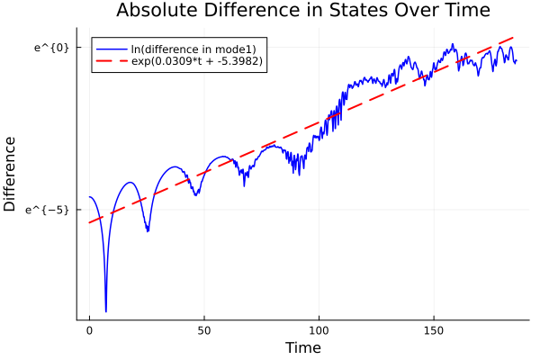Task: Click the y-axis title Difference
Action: point(11,174)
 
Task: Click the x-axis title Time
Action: point(302,347)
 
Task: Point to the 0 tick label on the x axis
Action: point(89,331)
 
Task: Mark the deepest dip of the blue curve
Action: point(106,311)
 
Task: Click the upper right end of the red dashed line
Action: point(516,37)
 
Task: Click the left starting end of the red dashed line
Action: point(89,222)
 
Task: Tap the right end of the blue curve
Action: point(517,60)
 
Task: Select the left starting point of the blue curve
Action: point(89,197)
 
